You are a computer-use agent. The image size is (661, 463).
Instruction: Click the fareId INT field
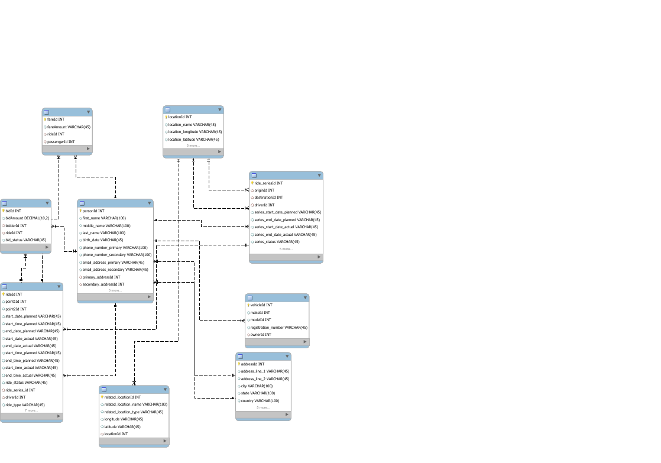pos(56,119)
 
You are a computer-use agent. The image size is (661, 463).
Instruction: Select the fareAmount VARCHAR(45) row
pos(69,127)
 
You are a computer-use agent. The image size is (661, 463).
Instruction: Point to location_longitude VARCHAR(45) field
pos(195,132)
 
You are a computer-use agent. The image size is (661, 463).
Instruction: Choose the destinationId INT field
pos(268,197)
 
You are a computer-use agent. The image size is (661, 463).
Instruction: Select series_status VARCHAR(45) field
pos(277,241)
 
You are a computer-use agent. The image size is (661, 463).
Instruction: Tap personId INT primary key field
pos(93,211)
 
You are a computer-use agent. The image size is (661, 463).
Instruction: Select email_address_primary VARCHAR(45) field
pos(113,262)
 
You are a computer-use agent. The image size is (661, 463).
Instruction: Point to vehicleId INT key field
pos(261,305)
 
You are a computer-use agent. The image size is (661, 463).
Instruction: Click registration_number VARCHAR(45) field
pos(278,327)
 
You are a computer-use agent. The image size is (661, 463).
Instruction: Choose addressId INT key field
pos(252,364)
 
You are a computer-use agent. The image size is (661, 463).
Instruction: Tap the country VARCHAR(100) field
pos(260,400)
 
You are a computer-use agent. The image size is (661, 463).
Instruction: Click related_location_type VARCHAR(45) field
pos(133,412)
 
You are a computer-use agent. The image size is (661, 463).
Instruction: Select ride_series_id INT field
pos(20,390)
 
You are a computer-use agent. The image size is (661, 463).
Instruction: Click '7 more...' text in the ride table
pos(31,410)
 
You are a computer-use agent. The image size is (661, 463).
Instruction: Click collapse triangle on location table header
pos(218,109)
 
